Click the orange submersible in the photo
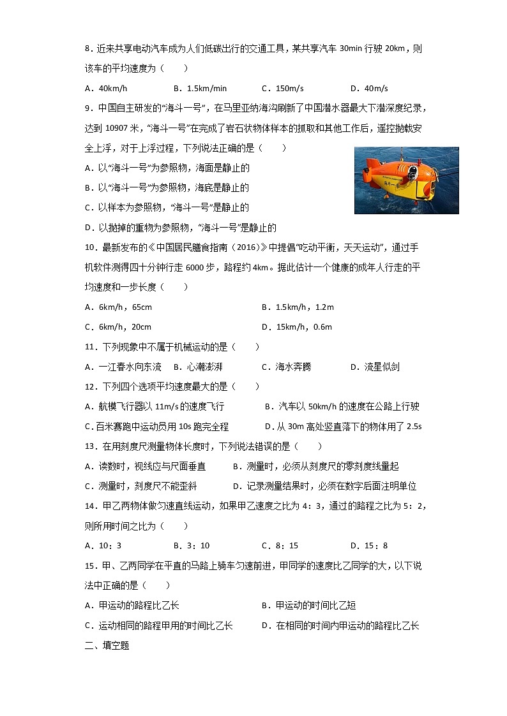tap(396, 178)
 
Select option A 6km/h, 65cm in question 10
tap(119, 307)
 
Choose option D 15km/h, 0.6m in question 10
tap(297, 327)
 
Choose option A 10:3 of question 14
tap(103, 545)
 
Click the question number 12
tap(89, 386)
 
